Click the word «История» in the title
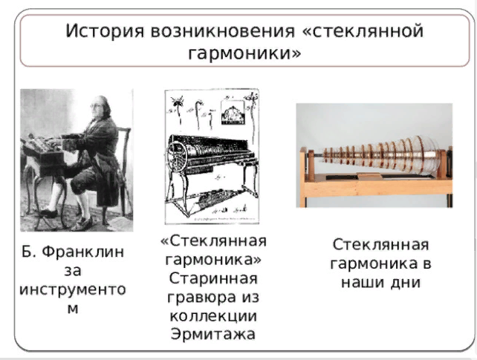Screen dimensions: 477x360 click(x=105, y=31)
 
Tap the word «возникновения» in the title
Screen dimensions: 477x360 click(x=223, y=31)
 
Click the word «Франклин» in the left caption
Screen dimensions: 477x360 click(x=82, y=252)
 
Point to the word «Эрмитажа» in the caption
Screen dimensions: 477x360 click(x=213, y=334)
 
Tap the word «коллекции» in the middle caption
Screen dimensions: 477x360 click(x=213, y=315)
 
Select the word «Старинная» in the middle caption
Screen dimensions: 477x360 click(x=213, y=278)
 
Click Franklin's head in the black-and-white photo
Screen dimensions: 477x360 click(x=100, y=106)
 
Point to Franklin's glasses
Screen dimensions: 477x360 click(x=96, y=106)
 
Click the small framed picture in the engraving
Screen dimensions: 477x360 click(x=233, y=112)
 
